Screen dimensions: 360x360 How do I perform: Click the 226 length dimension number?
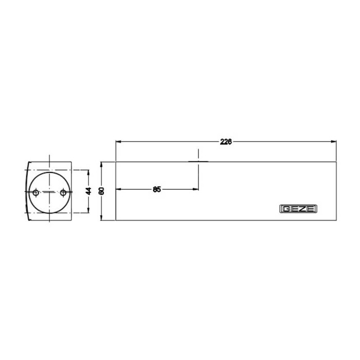tap(226, 142)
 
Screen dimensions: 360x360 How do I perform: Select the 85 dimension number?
tap(157, 189)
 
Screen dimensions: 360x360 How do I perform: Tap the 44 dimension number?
tap(88, 191)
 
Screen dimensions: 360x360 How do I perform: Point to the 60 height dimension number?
tap(101, 191)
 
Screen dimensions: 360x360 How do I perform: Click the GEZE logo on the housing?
tap(298, 209)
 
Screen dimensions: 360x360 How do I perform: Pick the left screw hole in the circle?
tap(35, 192)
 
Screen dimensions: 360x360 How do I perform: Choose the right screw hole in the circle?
tap(63, 192)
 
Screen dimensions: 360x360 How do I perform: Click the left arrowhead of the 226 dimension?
tap(118, 141)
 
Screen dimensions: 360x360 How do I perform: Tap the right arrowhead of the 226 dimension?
tap(334, 141)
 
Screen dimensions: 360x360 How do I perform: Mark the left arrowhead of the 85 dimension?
tap(118, 189)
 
